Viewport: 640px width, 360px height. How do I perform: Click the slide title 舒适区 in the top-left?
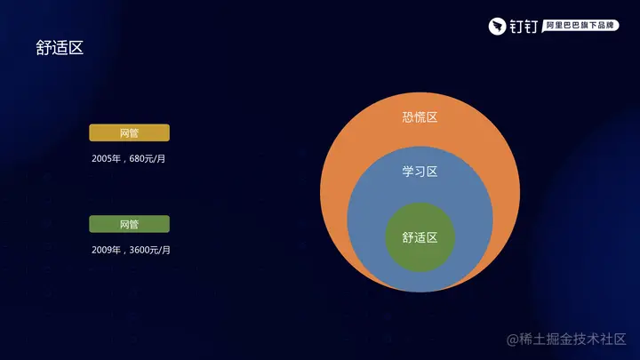click(x=60, y=48)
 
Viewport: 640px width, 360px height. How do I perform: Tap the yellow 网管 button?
click(x=130, y=132)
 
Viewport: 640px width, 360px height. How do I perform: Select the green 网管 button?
click(x=130, y=224)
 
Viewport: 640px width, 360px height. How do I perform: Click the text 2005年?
click(x=106, y=159)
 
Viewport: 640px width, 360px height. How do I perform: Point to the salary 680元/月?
click(x=148, y=159)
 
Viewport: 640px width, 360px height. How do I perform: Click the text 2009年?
click(x=106, y=250)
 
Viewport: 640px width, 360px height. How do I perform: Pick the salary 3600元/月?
click(x=150, y=250)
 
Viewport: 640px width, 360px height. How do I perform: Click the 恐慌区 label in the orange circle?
click(x=420, y=117)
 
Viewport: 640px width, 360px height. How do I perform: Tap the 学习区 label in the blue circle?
click(x=420, y=172)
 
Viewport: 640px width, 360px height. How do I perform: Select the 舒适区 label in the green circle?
click(x=420, y=237)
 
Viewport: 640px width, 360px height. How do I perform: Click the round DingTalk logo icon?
click(x=497, y=26)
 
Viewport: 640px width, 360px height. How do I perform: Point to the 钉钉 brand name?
click(x=524, y=27)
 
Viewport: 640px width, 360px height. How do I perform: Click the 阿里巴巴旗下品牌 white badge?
click(x=580, y=26)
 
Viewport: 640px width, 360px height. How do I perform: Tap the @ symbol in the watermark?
click(x=512, y=340)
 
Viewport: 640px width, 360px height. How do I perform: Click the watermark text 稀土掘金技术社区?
click(x=572, y=339)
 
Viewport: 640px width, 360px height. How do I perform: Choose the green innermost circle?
click(x=420, y=237)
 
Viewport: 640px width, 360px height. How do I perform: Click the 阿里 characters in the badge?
click(x=555, y=25)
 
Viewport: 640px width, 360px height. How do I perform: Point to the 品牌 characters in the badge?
click(x=605, y=25)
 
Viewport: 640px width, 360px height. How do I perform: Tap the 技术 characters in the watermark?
click(x=586, y=339)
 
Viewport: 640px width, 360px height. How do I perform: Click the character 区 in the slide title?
click(x=76, y=48)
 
